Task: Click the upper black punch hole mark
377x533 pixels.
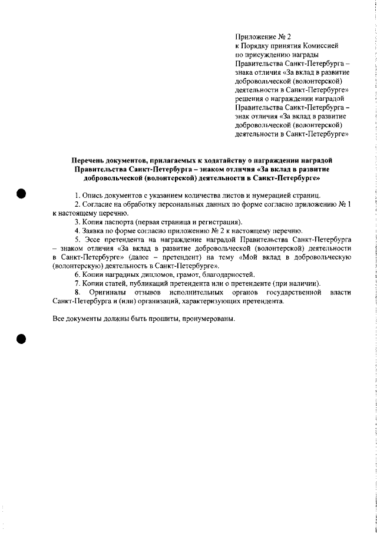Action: click(x=22, y=194)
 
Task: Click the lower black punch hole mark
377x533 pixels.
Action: click(x=22, y=339)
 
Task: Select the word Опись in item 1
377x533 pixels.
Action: click(x=92, y=195)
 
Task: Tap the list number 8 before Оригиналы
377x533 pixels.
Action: click(x=77, y=292)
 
